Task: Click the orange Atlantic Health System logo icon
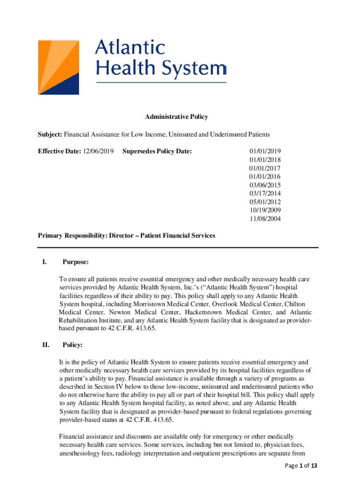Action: click(58, 67)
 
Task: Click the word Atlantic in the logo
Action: click(130, 49)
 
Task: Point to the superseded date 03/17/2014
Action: click(265, 193)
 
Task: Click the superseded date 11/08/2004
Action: click(265, 218)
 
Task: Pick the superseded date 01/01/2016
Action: click(265, 176)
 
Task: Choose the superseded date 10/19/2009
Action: click(265, 210)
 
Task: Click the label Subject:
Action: click(50, 134)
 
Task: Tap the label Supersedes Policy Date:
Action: click(157, 151)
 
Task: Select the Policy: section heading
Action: click(72, 345)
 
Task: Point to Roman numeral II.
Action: click(45, 345)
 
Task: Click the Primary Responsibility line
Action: click(126, 235)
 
